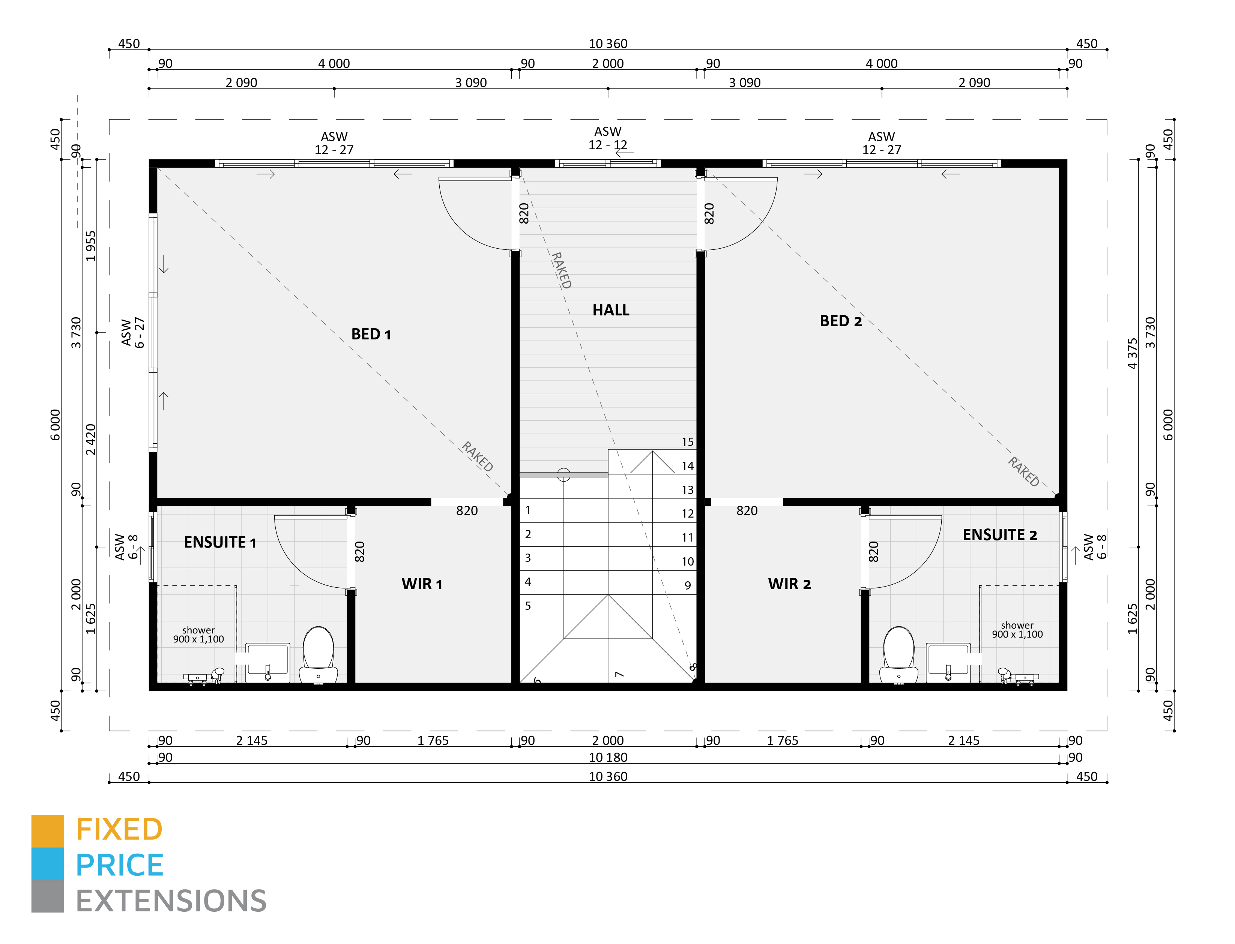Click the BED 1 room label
click(x=370, y=334)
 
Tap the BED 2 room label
click(x=840, y=321)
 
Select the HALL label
click(x=610, y=310)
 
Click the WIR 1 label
click(x=422, y=584)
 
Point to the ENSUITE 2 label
click(x=999, y=535)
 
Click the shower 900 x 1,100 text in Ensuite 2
click(x=1017, y=630)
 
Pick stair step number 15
click(x=688, y=442)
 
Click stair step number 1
click(x=527, y=510)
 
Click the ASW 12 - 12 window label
click(x=608, y=138)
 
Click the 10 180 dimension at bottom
click(x=608, y=758)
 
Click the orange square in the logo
click(x=47, y=830)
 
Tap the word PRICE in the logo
click(x=119, y=865)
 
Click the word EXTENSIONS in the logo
click(x=171, y=901)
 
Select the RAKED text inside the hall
click(x=561, y=270)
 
